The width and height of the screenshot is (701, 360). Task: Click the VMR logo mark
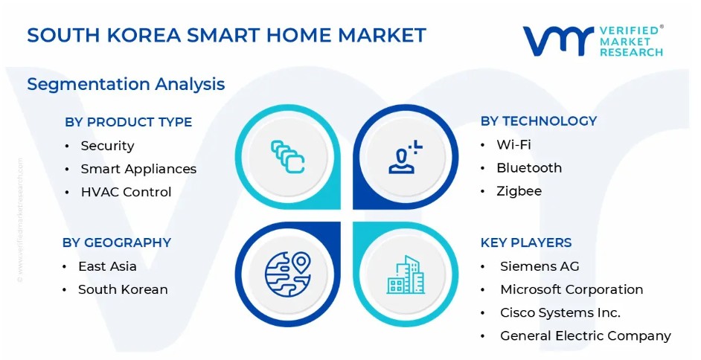[x=558, y=41]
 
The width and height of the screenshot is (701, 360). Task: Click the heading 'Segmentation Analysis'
[x=126, y=84]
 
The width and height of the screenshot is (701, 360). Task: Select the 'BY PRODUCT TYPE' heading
[x=128, y=122]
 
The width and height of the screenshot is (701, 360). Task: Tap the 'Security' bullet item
[x=107, y=146]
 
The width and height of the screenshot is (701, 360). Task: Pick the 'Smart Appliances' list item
[x=138, y=169]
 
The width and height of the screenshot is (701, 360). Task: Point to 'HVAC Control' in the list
[x=126, y=192]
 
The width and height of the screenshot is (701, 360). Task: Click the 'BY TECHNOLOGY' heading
[x=539, y=121]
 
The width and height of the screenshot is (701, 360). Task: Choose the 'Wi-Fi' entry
[x=513, y=145]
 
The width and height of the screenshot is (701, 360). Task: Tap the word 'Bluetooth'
[x=529, y=168]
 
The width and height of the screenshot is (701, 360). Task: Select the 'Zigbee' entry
[x=519, y=191]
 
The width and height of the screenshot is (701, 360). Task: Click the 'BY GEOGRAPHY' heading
[x=117, y=242]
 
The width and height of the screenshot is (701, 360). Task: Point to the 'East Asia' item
[x=107, y=266]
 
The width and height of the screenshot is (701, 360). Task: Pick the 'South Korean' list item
[x=123, y=289]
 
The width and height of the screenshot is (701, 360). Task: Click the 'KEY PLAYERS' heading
[x=525, y=242]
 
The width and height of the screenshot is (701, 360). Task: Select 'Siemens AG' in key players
[x=540, y=266]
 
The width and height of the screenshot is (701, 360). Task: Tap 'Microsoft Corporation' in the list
[x=572, y=289]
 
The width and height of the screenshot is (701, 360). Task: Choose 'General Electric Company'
[x=585, y=336]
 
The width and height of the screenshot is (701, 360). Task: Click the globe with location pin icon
[x=287, y=274]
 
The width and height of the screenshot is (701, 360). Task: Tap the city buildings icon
[x=406, y=274]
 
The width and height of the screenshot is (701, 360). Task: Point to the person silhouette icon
[x=405, y=157]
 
